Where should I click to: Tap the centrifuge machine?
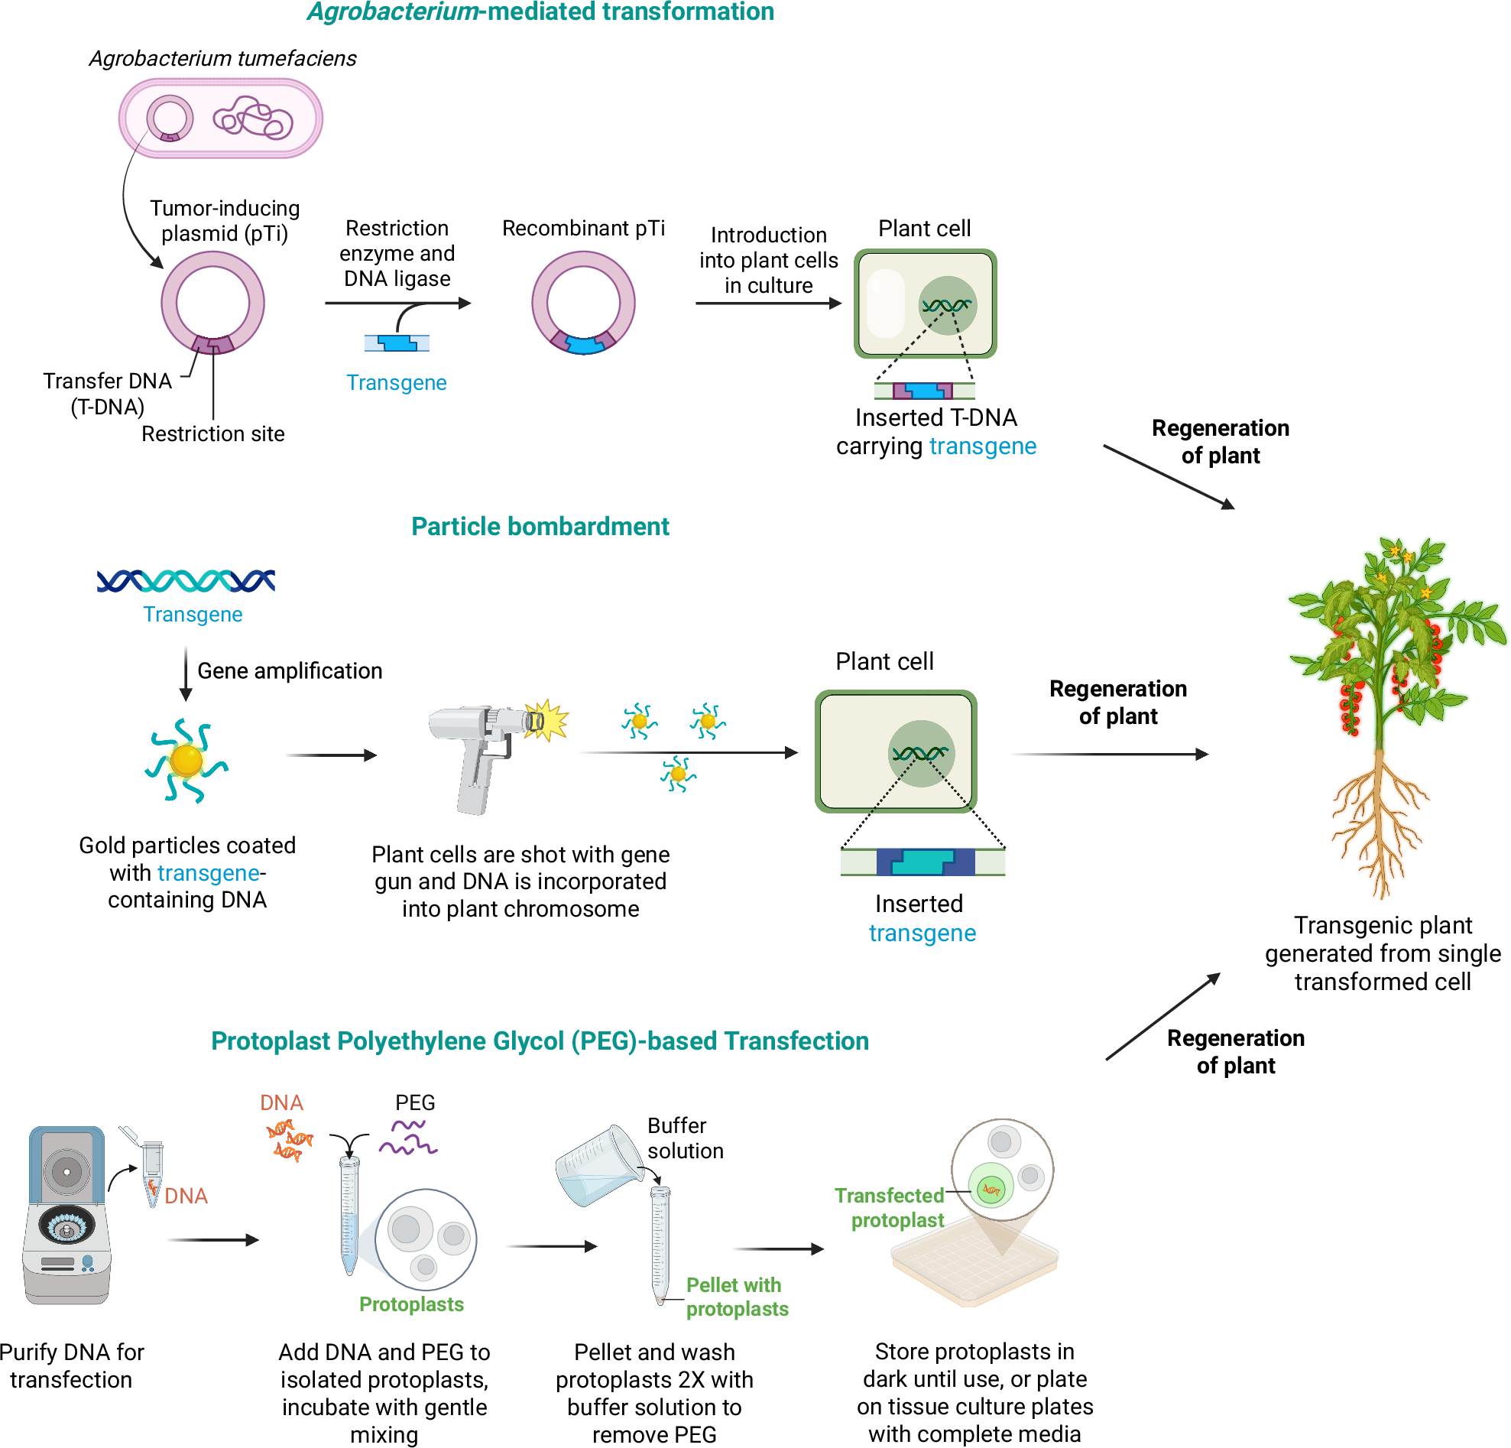pyautogui.click(x=67, y=1214)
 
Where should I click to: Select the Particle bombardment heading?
pyautogui.click(x=540, y=527)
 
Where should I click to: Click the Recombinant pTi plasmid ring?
pyautogui.click(x=584, y=303)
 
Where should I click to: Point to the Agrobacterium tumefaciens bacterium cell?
pyautogui.click(x=220, y=119)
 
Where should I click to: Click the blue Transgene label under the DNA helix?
pyautogui.click(x=193, y=615)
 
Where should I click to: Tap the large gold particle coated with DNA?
pyautogui.click(x=186, y=760)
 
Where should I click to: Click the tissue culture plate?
pyautogui.click(x=975, y=1265)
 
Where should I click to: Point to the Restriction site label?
pyautogui.click(x=212, y=434)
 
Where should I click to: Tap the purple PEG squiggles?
pyautogui.click(x=409, y=1138)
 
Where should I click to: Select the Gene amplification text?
pyautogui.click(x=290, y=670)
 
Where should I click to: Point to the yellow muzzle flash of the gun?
pyautogui.click(x=549, y=721)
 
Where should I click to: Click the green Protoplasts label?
pyautogui.click(x=412, y=1304)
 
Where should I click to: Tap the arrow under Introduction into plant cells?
pyautogui.click(x=768, y=304)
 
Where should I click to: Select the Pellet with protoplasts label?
pyautogui.click(x=736, y=1297)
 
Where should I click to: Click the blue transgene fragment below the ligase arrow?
pyautogui.click(x=397, y=343)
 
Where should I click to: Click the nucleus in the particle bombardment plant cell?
pyautogui.click(x=921, y=753)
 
